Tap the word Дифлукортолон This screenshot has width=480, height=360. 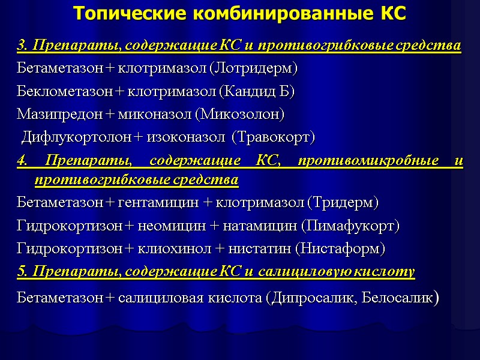77,137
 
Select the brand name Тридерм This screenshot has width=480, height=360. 343,203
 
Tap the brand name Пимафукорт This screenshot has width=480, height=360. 350,226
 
